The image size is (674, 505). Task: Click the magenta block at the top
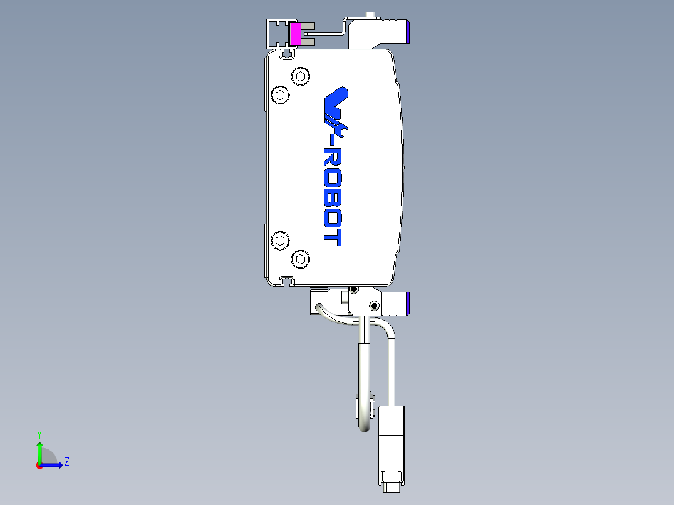click(295, 34)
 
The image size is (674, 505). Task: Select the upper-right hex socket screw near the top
click(301, 77)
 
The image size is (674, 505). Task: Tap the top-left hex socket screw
click(281, 96)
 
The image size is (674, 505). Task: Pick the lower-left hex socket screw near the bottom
click(281, 241)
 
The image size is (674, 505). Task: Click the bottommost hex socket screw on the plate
click(301, 259)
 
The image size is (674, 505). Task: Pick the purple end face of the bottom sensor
click(407, 303)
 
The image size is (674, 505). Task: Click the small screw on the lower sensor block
click(374, 306)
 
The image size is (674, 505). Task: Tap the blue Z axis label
click(66, 462)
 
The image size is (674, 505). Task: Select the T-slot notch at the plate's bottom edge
click(287, 279)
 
